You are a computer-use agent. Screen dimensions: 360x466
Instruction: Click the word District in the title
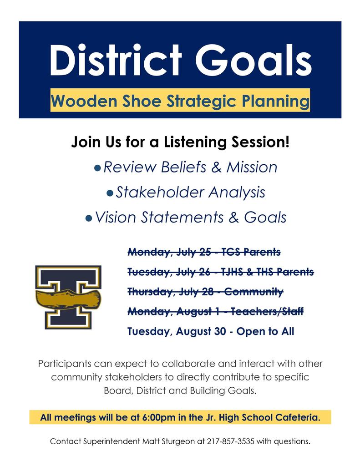pos(116,61)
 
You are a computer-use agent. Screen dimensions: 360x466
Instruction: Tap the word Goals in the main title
pos(254,61)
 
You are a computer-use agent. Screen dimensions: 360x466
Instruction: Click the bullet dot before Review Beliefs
pos(97,168)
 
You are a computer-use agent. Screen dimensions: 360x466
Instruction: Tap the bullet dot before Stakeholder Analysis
pos(110,193)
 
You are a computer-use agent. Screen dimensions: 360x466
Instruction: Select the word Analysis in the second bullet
pos(237,192)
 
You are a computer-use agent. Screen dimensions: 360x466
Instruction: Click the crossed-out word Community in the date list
pos(254,292)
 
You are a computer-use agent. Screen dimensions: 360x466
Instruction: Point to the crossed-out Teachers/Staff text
pos(267,311)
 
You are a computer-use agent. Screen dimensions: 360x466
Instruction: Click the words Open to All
pos(265,331)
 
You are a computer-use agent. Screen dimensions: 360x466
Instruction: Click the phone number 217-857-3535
pos(231,441)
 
